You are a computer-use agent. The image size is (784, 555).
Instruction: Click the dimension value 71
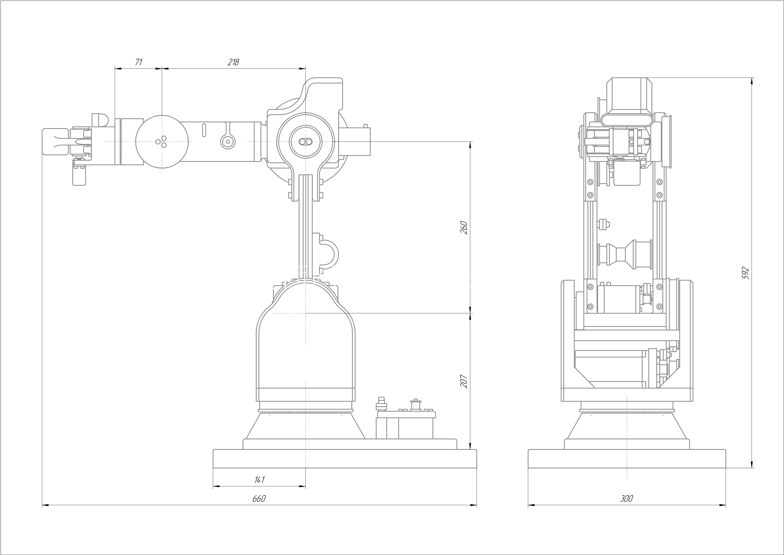coord(139,62)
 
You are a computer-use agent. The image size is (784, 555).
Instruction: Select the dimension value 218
coord(234,62)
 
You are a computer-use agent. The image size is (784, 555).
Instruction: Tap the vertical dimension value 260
coord(464,228)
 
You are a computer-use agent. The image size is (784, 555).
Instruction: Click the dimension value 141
coord(260,480)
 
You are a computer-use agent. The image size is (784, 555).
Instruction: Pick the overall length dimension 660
coord(259,499)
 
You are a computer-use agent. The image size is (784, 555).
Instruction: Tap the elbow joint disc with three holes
coord(162,141)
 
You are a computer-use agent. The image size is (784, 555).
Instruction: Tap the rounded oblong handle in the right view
coord(626,120)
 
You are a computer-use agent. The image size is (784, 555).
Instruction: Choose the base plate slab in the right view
coord(627,459)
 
